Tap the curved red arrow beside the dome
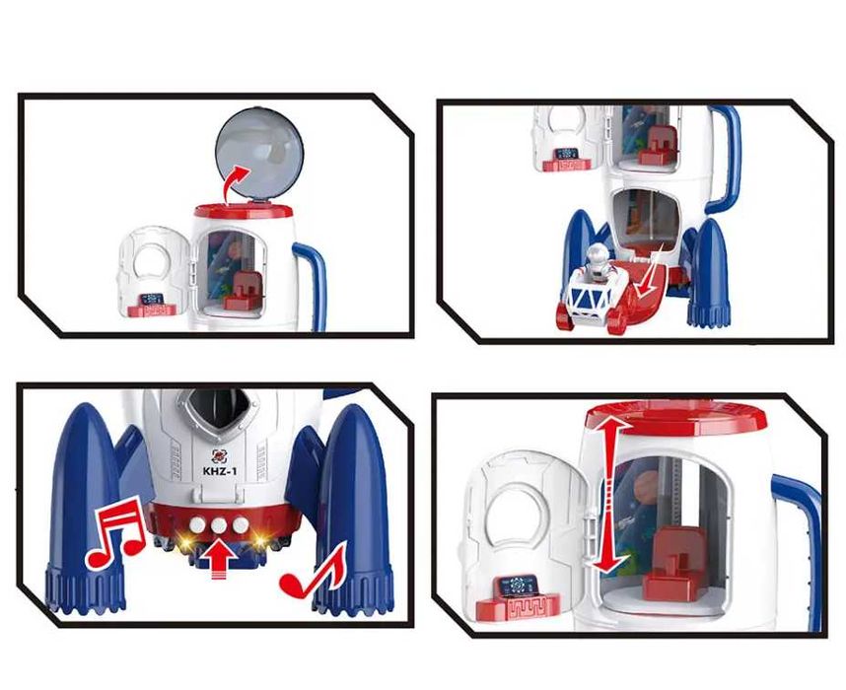tap(237, 184)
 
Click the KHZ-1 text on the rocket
tap(220, 471)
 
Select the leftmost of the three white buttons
tap(198, 523)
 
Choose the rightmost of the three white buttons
tap(241, 524)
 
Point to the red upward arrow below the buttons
tap(220, 562)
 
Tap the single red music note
tap(313, 572)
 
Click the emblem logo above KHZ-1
tap(219, 456)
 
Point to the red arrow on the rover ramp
tap(649, 271)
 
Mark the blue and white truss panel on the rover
tap(590, 298)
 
